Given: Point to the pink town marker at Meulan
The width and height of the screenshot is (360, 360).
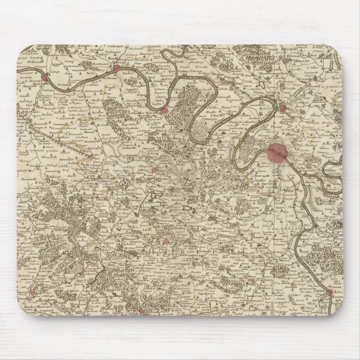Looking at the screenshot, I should coord(117,68).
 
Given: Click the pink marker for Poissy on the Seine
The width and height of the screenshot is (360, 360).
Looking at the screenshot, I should coord(164,111).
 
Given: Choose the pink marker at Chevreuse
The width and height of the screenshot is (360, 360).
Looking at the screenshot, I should coord(167,243).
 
